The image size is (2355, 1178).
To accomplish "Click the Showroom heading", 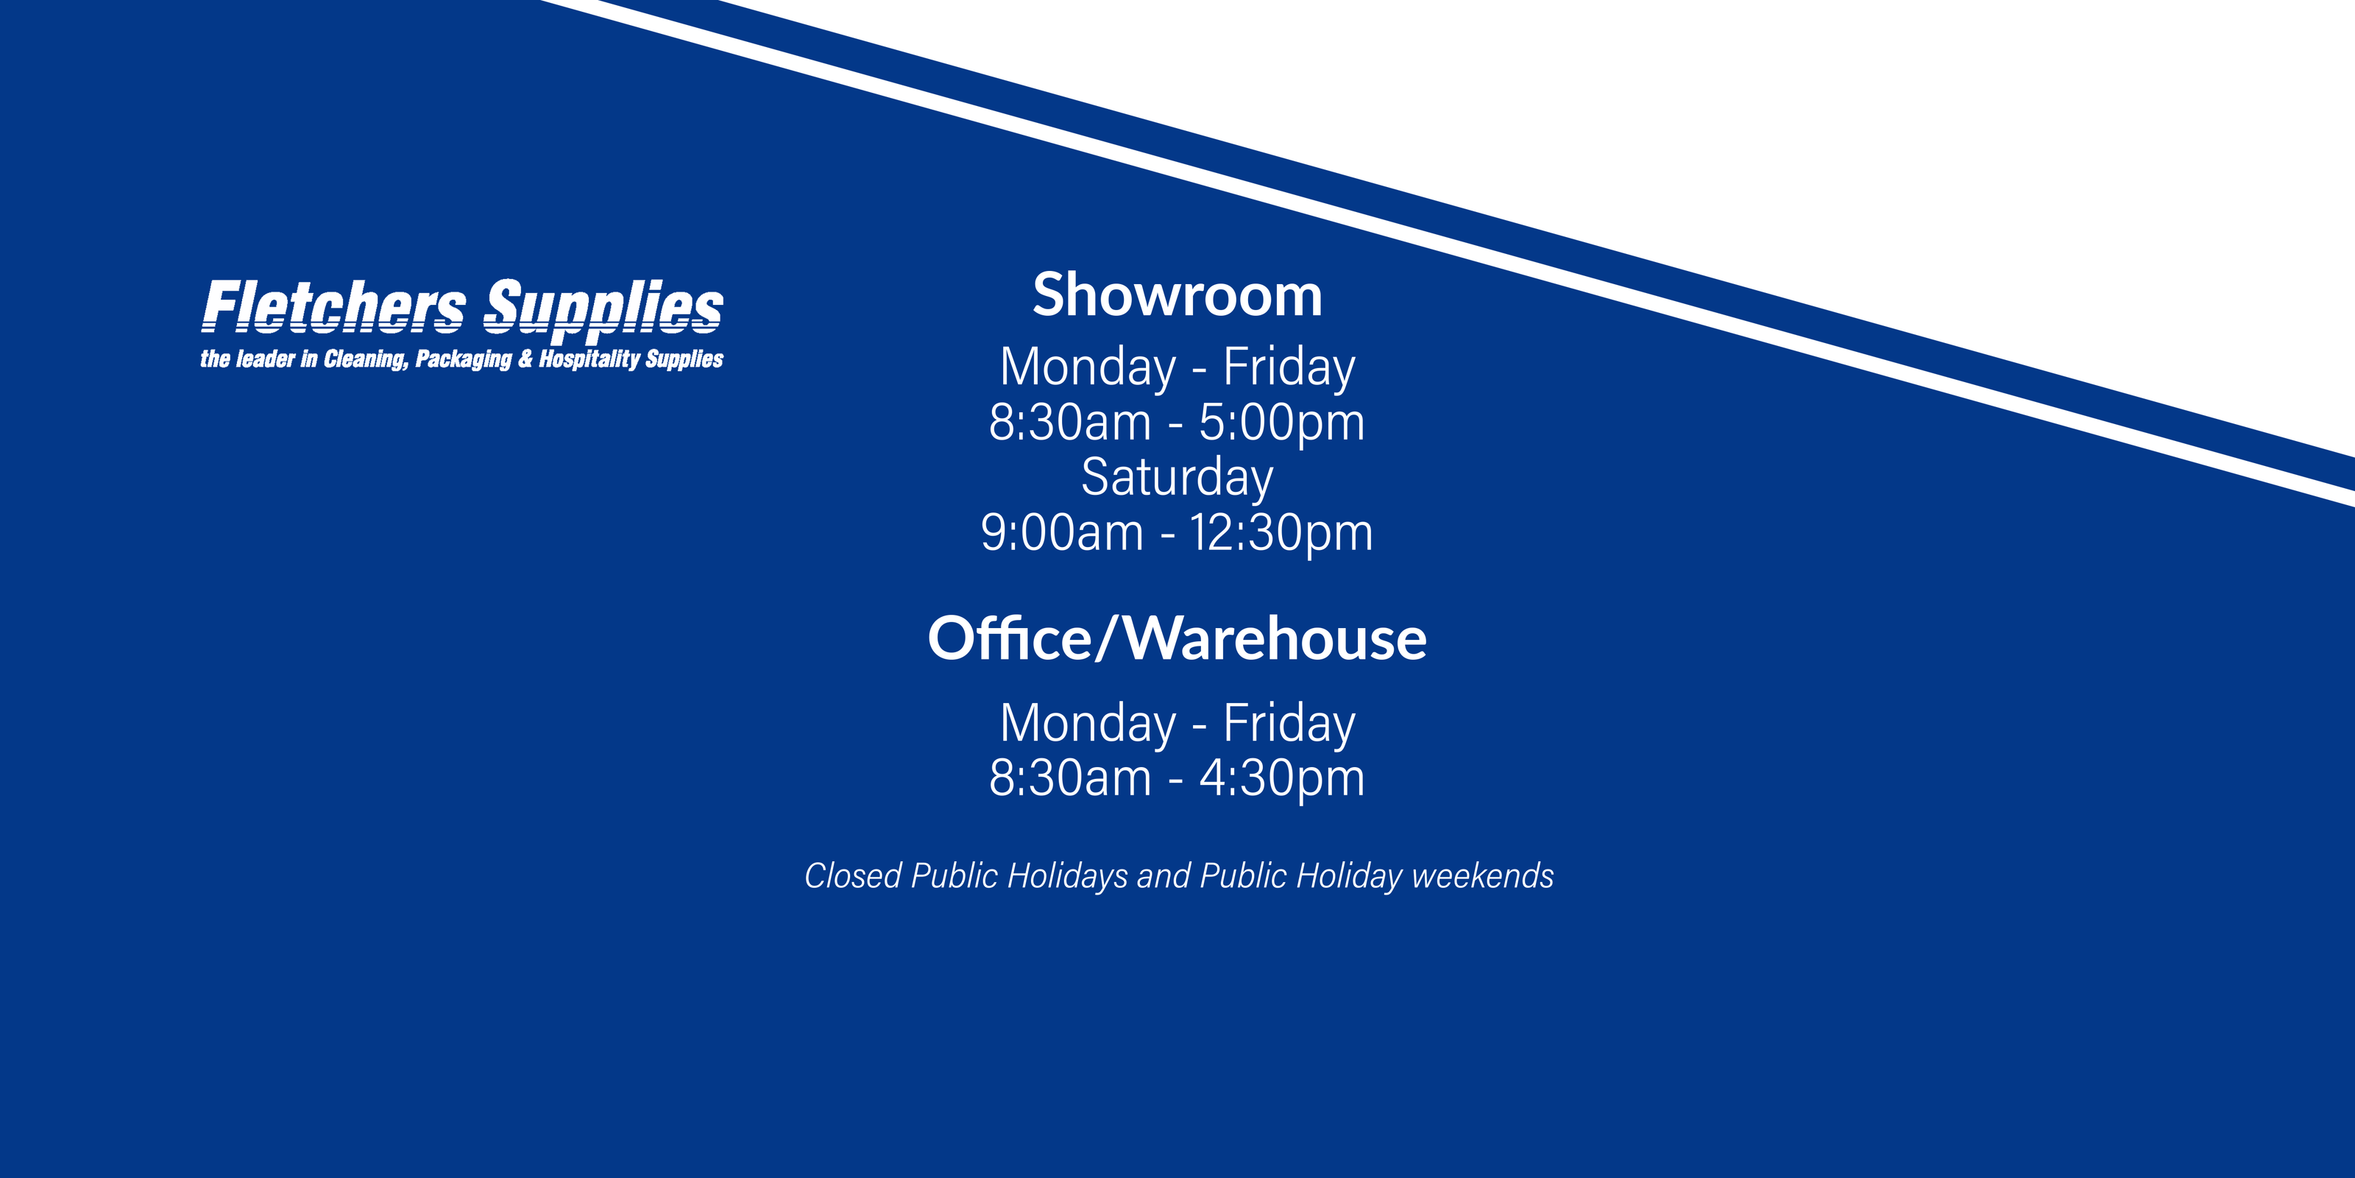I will coord(1177,295).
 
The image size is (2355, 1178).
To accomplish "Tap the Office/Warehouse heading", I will coord(1177,638).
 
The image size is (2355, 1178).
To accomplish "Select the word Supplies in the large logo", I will coord(603,307).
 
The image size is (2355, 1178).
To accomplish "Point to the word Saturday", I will coord(1177,477).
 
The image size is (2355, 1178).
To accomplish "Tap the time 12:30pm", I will coord(1281,532).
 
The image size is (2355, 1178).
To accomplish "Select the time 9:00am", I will coord(1061,532).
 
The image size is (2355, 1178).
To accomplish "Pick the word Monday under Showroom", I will coord(1088,367).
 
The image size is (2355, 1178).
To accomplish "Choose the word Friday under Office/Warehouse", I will coord(1289,724).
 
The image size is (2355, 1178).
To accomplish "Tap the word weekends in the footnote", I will coord(1482,876).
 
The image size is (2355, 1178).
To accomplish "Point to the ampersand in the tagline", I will coord(525,359).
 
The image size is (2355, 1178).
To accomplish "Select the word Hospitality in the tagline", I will coord(589,359).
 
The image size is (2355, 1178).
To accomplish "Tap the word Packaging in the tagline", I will coord(463,359).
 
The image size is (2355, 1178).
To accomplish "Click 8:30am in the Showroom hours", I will coord(1069,423).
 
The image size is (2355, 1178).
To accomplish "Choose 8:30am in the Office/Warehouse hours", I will coord(1069,778).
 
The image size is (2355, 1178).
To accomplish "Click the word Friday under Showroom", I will coord(1289,367).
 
